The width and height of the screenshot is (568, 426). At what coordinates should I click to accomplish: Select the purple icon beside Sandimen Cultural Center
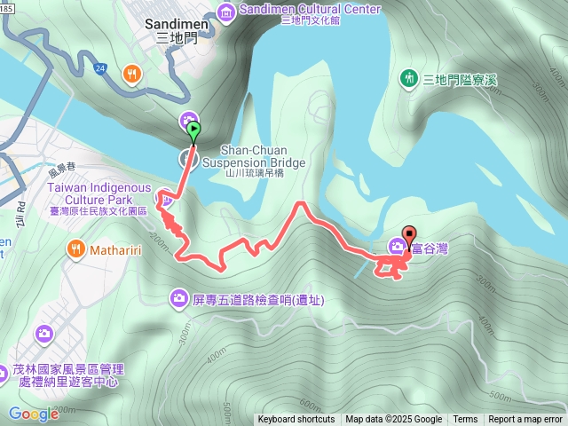click(x=225, y=10)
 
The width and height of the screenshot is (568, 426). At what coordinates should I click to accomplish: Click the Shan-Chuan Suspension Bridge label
click(x=253, y=157)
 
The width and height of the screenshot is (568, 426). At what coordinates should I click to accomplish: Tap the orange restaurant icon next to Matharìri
click(x=76, y=249)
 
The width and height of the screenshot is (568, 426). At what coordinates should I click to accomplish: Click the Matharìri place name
click(x=118, y=249)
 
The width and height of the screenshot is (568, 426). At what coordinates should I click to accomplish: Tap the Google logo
click(x=33, y=414)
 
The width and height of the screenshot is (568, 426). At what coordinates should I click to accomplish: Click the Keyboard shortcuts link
click(x=296, y=420)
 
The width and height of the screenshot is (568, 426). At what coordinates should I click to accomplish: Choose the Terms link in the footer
click(x=465, y=420)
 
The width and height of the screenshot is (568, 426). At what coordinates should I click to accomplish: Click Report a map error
click(x=525, y=420)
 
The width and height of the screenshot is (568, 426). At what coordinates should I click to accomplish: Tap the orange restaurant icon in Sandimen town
click(x=132, y=74)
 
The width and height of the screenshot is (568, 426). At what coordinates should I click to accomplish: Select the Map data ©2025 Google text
click(x=393, y=420)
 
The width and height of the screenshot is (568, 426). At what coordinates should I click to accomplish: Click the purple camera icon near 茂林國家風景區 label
click(x=43, y=334)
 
